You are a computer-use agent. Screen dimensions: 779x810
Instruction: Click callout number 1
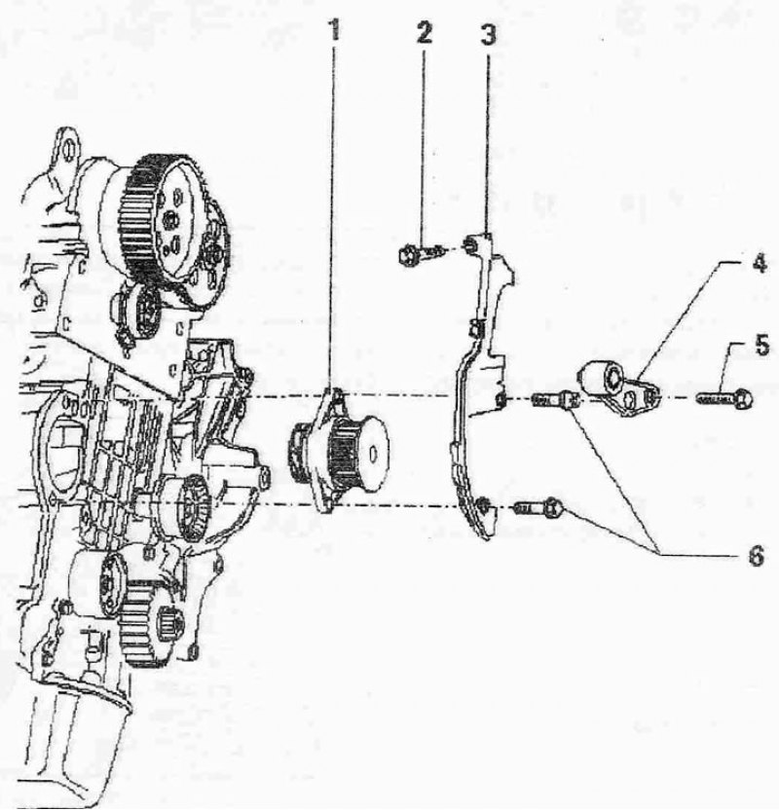pyautogui.click(x=335, y=30)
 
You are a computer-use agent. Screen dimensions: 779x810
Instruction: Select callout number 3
pyautogui.click(x=488, y=35)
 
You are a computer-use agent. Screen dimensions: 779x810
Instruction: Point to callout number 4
pyautogui.click(x=758, y=266)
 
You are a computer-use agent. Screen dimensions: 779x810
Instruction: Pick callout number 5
pyautogui.click(x=760, y=345)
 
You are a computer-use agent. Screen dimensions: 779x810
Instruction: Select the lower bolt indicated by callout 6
pyautogui.click(x=538, y=508)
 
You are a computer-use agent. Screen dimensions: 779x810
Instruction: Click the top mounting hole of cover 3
pyautogui.click(x=470, y=241)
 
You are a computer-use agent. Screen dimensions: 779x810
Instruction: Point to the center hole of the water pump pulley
pyautogui.click(x=373, y=454)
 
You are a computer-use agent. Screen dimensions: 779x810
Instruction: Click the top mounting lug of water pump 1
pyautogui.click(x=336, y=395)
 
